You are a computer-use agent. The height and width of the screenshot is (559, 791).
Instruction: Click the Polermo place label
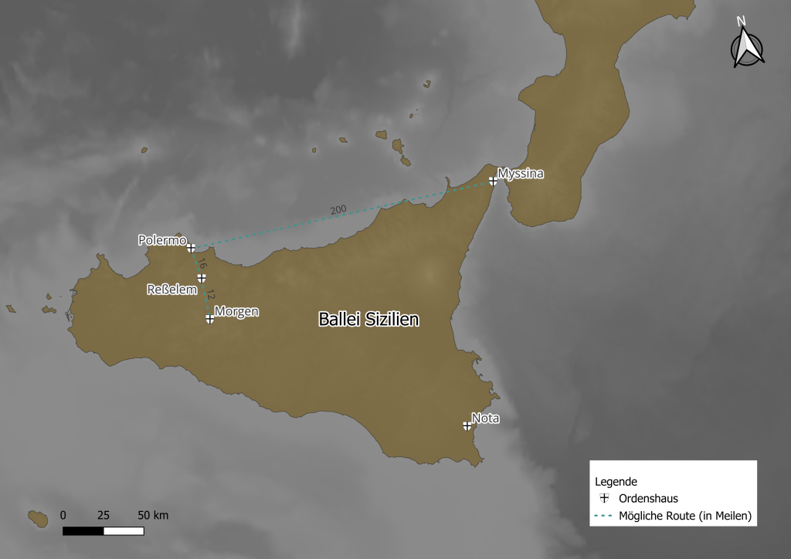pyautogui.click(x=162, y=239)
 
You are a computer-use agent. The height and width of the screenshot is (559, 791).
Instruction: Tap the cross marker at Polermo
pyautogui.click(x=191, y=247)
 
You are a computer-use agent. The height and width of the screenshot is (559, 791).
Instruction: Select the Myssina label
pyautogui.click(x=521, y=173)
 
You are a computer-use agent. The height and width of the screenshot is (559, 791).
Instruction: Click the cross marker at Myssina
pyautogui.click(x=493, y=181)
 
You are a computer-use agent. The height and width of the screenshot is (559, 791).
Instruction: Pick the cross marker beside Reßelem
pyautogui.click(x=202, y=278)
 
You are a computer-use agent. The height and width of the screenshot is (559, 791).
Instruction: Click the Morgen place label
pyautogui.click(x=236, y=311)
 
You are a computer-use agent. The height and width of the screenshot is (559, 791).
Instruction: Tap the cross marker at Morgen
pyautogui.click(x=209, y=318)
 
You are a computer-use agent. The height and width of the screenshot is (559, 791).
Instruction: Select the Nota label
pyautogui.click(x=486, y=418)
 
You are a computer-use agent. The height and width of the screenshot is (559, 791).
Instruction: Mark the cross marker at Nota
pyautogui.click(x=467, y=425)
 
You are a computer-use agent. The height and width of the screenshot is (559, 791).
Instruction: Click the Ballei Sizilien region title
pyautogui.click(x=368, y=319)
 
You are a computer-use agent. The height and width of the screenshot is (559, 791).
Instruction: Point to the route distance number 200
pyautogui.click(x=338, y=210)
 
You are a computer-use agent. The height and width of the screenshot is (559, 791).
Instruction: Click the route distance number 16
pyautogui.click(x=202, y=264)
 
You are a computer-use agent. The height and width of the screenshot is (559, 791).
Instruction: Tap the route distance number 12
pyautogui.click(x=210, y=294)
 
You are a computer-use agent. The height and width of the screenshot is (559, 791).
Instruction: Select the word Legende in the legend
pyautogui.click(x=616, y=481)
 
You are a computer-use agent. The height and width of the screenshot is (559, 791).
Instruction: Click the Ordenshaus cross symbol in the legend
pyautogui.click(x=605, y=498)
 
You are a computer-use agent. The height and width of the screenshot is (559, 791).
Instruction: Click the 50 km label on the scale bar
pyautogui.click(x=153, y=515)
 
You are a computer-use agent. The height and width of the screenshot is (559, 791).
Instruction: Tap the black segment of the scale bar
pyautogui.click(x=83, y=531)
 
